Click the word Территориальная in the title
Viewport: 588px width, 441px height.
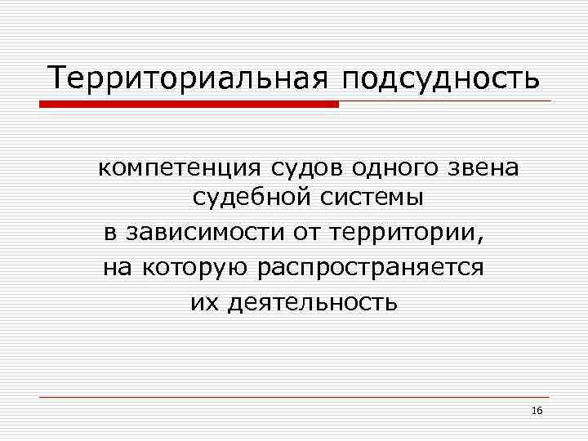pos(187,78)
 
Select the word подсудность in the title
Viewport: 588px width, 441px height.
pos(441,80)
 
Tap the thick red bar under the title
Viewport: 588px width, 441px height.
pos(189,104)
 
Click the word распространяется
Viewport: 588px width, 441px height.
pos(370,268)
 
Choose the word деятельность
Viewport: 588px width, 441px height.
pos(314,303)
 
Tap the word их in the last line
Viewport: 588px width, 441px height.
pos(203,303)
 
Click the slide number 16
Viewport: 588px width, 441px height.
pos(537,411)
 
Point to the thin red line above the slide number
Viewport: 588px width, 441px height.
pos(294,397)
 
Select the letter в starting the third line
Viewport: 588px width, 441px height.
pos(110,233)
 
